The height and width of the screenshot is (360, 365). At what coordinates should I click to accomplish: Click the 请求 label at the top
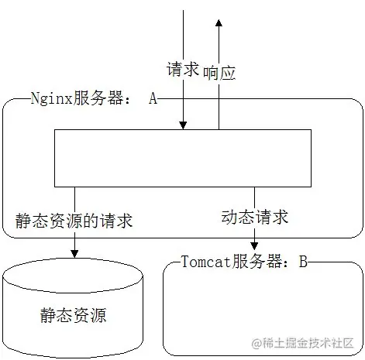(x=183, y=70)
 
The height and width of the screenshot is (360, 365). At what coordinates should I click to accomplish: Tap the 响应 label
(x=219, y=73)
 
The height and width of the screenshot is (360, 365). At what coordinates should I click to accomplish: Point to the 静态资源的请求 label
(x=74, y=221)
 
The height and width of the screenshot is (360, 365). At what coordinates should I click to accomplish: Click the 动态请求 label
(x=254, y=218)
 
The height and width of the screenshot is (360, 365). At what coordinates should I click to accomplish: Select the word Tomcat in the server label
(x=205, y=262)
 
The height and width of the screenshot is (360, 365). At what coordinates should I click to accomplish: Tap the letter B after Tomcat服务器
(x=304, y=262)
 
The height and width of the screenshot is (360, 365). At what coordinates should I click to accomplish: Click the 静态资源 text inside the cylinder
(x=74, y=315)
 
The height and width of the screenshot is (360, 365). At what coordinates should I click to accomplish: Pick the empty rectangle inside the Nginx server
(x=183, y=159)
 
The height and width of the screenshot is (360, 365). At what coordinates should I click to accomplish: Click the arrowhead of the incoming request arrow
(x=183, y=125)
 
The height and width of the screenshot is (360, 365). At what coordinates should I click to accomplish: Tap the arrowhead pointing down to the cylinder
(x=74, y=252)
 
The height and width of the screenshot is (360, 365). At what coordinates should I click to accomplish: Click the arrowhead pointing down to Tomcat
(x=254, y=245)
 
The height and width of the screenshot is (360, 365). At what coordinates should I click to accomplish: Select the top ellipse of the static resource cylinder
(x=74, y=273)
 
